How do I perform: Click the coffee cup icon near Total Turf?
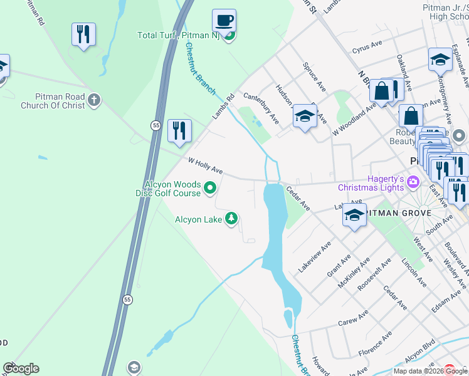click(224, 21)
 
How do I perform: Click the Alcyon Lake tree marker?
click(232, 218)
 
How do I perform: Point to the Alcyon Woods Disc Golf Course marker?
click(211, 187)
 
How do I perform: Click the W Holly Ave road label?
click(206, 166)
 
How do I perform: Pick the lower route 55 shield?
click(127, 300)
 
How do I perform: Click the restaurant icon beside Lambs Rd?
click(179, 130)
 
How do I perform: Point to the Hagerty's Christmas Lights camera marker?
click(413, 182)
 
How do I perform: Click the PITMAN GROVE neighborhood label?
click(401, 213)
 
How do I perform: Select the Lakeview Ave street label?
click(314, 258)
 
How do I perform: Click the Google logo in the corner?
click(21, 368)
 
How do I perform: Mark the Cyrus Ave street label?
click(367, 48)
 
